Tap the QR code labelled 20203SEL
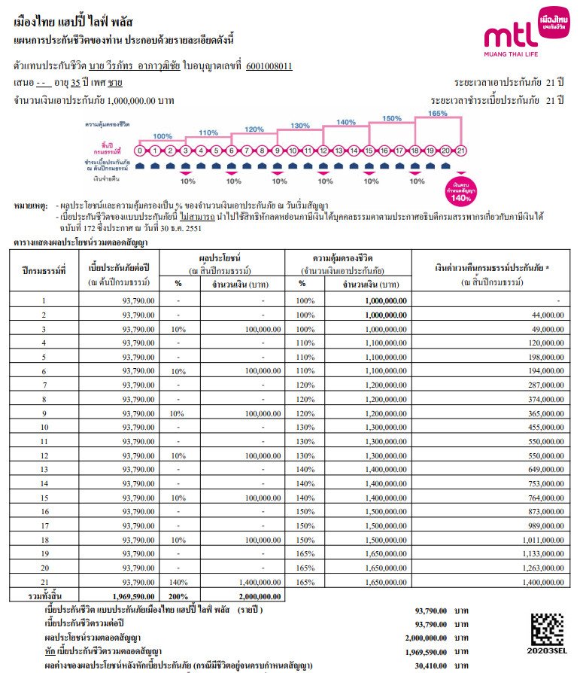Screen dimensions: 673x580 547,629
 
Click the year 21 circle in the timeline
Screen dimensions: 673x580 460,150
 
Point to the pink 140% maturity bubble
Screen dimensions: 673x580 460,188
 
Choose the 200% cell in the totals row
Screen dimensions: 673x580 178,595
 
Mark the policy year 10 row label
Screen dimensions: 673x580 44,428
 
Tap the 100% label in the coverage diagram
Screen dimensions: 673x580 162,136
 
